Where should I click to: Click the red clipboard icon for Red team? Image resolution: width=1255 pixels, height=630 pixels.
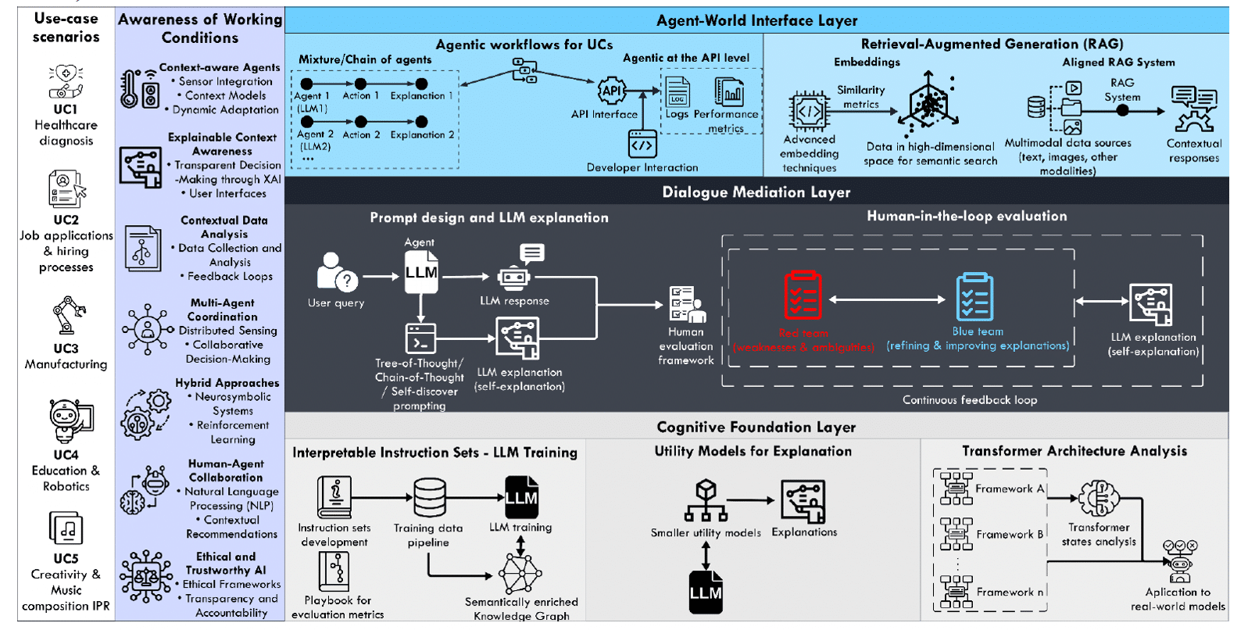[803, 295]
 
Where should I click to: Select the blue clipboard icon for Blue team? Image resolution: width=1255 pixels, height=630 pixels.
[974, 296]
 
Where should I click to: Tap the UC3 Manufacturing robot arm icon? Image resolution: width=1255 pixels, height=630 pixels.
[68, 315]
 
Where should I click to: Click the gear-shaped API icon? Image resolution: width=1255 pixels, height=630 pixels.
[611, 91]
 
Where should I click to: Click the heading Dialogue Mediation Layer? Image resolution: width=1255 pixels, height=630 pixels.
[756, 192]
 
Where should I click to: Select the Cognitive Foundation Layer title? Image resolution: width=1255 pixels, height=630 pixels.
[756, 427]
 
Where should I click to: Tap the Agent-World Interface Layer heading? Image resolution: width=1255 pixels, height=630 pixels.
[756, 21]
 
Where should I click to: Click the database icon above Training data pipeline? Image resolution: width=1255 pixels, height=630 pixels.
[429, 497]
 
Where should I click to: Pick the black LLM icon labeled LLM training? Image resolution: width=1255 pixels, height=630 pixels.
[521, 497]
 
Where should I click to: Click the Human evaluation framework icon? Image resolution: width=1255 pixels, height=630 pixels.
[687, 304]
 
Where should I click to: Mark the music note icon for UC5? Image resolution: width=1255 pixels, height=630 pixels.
[66, 529]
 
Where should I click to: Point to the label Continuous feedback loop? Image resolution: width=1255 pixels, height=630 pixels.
[970, 400]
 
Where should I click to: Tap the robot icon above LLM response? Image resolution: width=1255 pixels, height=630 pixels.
[514, 277]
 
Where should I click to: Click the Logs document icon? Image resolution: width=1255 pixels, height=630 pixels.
[677, 92]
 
